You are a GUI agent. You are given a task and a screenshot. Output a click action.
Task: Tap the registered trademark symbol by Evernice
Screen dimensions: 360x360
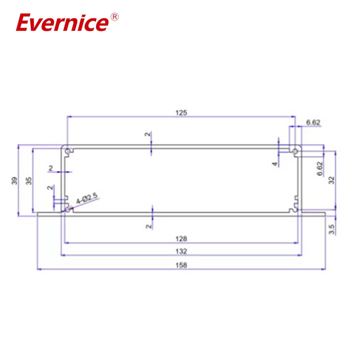114,17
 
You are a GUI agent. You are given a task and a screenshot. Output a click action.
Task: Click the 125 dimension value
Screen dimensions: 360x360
181,113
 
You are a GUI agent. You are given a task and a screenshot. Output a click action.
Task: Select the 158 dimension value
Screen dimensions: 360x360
181,265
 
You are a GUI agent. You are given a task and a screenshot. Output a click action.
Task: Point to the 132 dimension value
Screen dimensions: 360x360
181,251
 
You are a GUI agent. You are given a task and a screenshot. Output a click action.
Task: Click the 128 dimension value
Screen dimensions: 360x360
181,238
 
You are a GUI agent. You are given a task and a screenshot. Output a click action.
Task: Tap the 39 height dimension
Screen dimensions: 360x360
14,181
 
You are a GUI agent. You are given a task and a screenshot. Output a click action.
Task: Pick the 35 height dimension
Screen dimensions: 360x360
29,181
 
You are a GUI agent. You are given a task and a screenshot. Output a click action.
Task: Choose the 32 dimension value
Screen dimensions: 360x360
332,180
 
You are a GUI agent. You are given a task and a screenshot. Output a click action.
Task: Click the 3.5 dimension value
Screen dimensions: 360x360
332,229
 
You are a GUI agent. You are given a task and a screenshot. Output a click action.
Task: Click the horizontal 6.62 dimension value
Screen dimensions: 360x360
314,122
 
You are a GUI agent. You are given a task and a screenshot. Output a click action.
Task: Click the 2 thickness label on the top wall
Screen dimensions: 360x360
147,135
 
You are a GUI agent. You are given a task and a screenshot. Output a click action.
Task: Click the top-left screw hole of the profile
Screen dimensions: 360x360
68,151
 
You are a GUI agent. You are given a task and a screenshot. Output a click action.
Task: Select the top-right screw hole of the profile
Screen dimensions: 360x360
295,151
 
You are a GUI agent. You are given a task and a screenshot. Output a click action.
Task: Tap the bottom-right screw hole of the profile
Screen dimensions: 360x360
295,208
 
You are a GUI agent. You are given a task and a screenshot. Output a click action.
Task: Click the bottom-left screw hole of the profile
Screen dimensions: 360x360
68,208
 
